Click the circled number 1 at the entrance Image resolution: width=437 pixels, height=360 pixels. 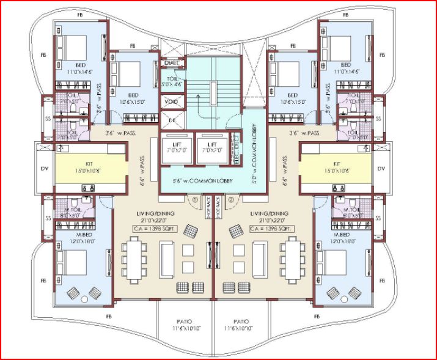(x=195, y=199)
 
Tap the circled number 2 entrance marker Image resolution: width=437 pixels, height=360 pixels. (x=231, y=199)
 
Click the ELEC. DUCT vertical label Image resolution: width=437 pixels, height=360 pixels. (x=235, y=147)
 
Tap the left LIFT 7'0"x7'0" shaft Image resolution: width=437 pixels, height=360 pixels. (x=174, y=147)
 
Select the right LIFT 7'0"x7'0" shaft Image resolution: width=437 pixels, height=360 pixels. (x=210, y=147)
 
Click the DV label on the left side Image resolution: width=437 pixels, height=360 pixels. (x=43, y=169)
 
